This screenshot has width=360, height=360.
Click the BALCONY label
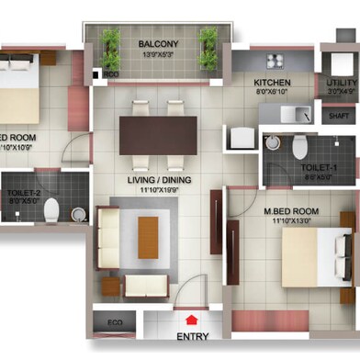(x=158, y=43)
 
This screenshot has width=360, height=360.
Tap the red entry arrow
(x=192, y=321)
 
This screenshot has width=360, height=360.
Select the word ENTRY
(x=192, y=336)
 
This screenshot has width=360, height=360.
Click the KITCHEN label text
(x=273, y=82)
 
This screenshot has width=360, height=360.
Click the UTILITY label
(x=342, y=82)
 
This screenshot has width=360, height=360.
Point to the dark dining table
(x=157, y=133)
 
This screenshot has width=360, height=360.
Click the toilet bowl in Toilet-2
(x=51, y=208)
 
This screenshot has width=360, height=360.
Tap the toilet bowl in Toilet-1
(x=298, y=146)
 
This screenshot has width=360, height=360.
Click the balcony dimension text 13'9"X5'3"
(x=158, y=55)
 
